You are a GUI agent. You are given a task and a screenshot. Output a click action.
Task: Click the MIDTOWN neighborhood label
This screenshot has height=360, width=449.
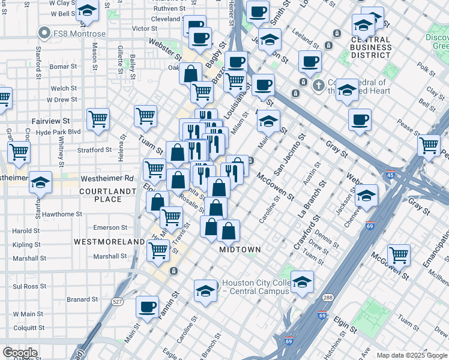(x=240, y=249)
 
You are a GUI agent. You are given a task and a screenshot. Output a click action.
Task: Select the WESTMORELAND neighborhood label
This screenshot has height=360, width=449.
(x=109, y=241)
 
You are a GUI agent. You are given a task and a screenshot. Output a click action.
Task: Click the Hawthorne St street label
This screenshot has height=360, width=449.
(x=62, y=214)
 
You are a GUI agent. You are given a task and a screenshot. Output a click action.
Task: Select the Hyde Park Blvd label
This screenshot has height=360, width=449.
(x=58, y=131)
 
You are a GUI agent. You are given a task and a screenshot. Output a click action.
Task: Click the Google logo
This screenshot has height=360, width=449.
(x=20, y=352)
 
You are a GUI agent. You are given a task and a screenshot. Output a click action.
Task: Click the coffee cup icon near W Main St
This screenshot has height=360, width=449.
(x=147, y=307)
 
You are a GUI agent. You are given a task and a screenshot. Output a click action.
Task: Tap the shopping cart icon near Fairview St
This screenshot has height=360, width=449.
(x=98, y=118)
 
